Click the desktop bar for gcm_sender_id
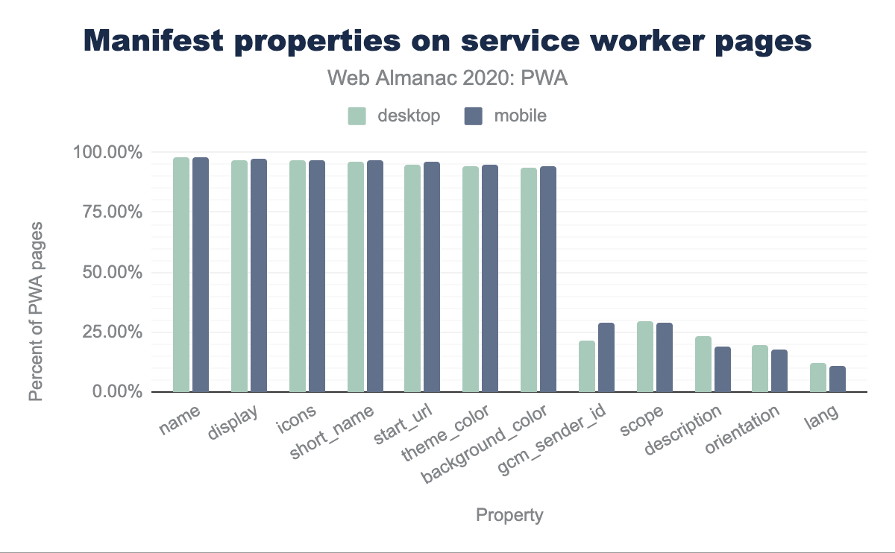587,367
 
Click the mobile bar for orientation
780,371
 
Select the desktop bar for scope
645,357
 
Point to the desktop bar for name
181,275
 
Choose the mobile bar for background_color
548,279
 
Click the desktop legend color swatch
357,116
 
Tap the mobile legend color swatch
474,116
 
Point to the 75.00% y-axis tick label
107,212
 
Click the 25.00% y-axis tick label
107,332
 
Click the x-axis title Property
509,515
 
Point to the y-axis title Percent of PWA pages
37,312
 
